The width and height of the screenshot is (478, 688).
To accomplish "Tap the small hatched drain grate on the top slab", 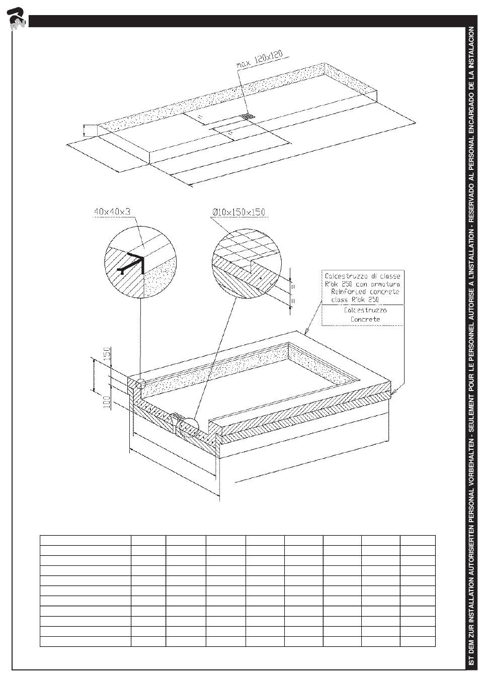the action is [x=248, y=117].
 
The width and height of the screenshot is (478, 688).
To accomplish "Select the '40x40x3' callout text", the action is [x=112, y=212].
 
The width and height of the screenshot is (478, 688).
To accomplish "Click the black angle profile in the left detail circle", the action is [x=136, y=263].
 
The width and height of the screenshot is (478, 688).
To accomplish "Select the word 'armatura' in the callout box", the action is [x=386, y=284].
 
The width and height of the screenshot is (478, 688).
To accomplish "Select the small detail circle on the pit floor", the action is [x=190, y=427].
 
